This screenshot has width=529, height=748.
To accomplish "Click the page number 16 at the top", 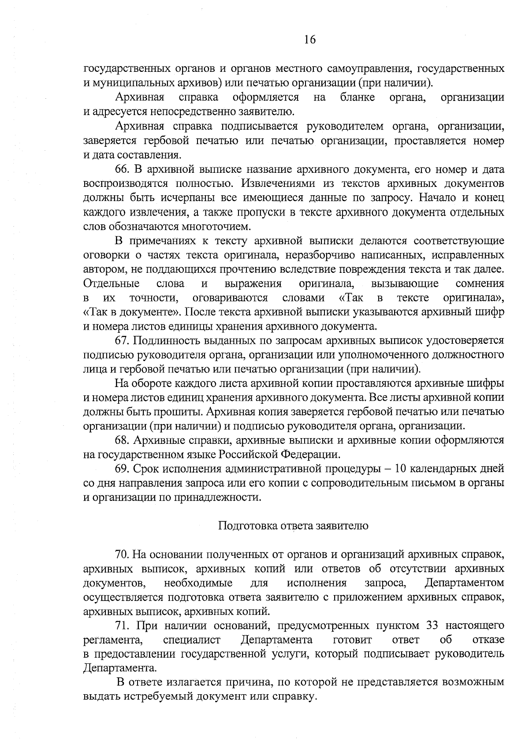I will [x=310, y=40].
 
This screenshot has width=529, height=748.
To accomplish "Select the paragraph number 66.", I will [x=123, y=170].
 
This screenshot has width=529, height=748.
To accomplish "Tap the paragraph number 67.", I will [x=123, y=341].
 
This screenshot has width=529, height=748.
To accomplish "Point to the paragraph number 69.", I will [x=123, y=469].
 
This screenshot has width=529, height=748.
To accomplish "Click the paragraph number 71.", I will [x=123, y=625].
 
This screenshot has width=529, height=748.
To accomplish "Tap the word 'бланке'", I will [x=358, y=97].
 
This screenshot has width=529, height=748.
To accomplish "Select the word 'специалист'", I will [x=192, y=640].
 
